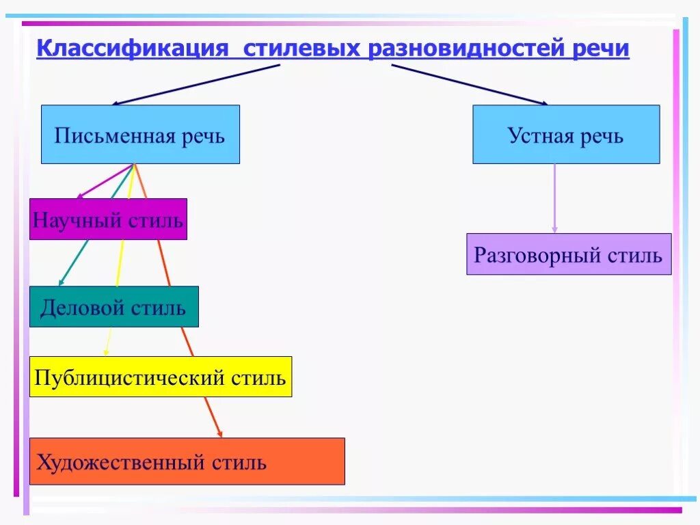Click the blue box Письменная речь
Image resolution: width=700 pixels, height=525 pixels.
(140, 135)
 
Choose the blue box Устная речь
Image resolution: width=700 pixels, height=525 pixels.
(566, 135)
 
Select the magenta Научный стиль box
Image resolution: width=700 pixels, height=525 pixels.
(108, 219)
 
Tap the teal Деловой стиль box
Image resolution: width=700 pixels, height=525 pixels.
(113, 307)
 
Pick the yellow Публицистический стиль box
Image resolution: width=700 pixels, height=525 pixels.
(161, 377)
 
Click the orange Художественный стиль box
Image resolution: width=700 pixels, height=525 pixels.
(187, 461)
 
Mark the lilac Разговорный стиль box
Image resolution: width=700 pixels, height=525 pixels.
(569, 254)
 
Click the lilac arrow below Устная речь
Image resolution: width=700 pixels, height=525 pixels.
(554, 198)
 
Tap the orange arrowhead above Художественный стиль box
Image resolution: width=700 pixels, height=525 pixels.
(219, 432)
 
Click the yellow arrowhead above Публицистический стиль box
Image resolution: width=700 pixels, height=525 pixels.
(106, 352)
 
